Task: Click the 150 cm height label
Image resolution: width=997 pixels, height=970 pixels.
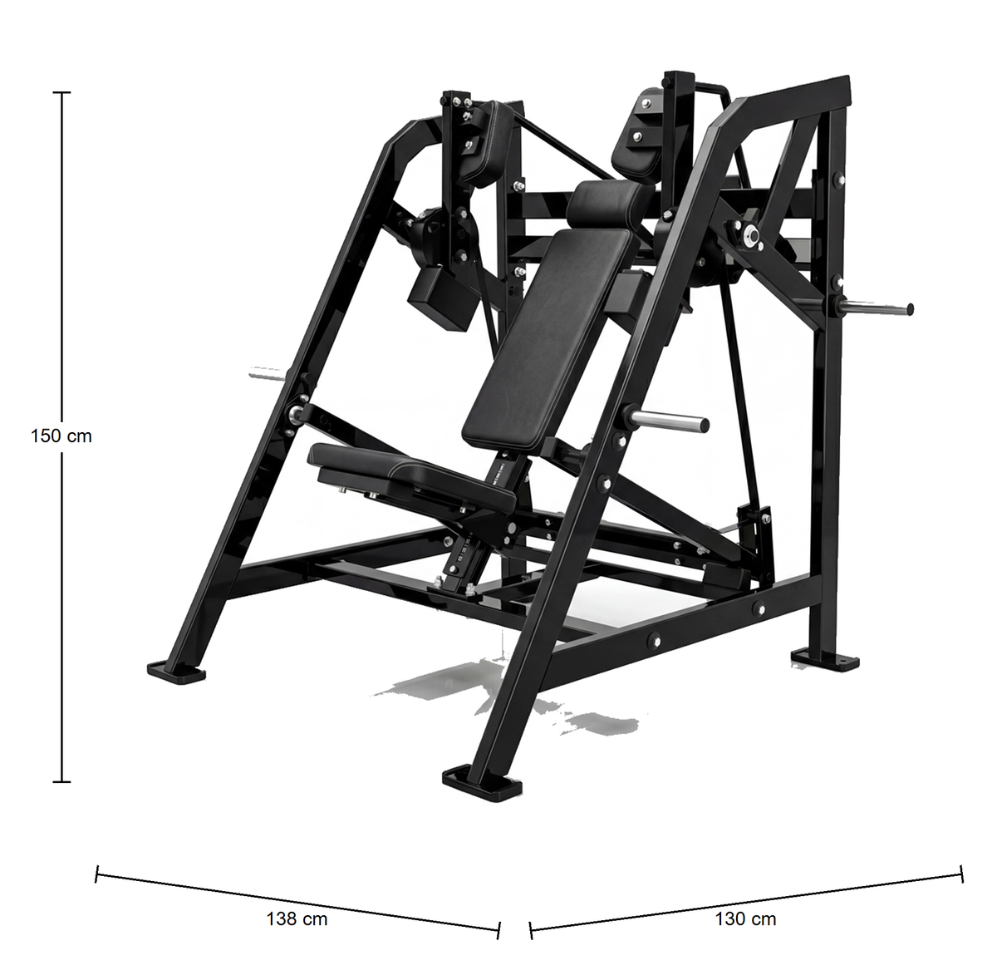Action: [61, 436]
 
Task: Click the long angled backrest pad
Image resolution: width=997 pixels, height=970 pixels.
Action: [548, 339]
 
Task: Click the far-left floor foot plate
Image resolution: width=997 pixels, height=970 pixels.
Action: [176, 672]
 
